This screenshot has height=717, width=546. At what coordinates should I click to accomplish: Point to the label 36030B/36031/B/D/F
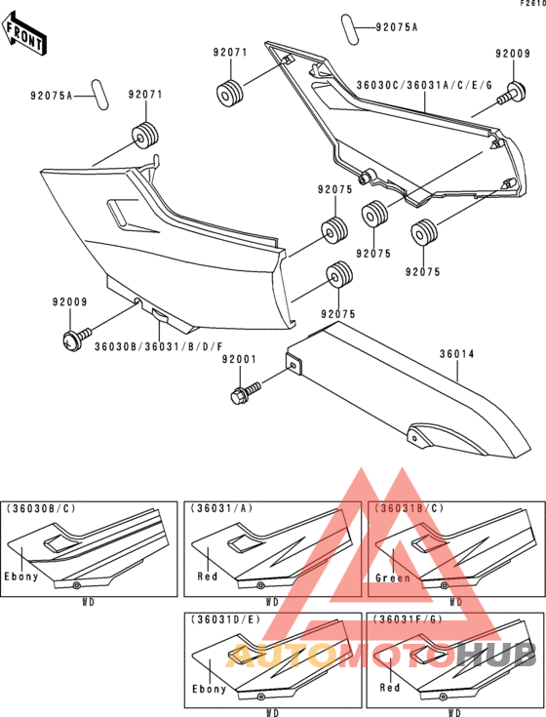158,346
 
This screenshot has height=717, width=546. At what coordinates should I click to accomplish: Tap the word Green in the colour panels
391,578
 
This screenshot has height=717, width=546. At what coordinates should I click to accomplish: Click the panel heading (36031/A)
217,508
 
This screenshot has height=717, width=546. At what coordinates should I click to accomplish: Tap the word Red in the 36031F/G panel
390,689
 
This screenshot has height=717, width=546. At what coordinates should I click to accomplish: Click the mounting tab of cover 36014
292,366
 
